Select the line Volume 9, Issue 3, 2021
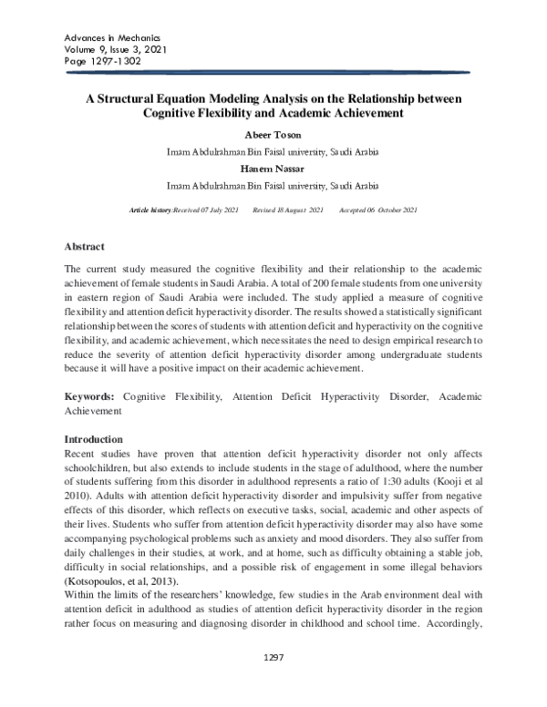coord(114,50)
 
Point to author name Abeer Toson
coord(273,135)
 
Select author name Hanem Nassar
coord(273,167)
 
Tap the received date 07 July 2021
coord(219,211)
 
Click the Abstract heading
coord(84,247)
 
